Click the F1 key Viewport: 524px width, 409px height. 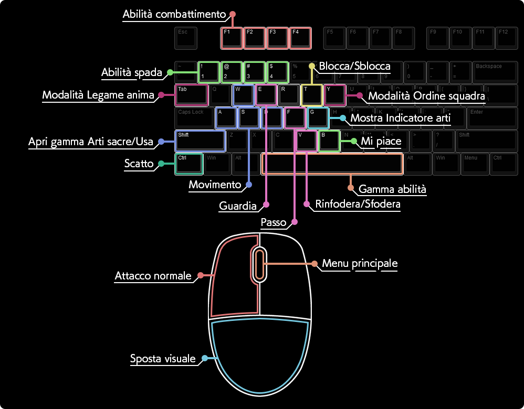232,38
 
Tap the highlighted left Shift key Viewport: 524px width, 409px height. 200,141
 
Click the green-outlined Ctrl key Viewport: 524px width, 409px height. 188,164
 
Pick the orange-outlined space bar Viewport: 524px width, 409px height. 332,164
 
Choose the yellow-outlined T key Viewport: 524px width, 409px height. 311,95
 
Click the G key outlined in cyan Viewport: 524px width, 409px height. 318,118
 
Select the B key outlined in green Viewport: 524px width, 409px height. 329,141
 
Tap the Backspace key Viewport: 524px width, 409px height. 495,72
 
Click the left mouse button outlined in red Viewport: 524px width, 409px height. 234,278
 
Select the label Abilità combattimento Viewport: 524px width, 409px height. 174,15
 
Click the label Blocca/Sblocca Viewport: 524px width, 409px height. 354,66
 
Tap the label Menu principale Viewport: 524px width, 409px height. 360,263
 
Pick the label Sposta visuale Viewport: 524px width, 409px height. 163,359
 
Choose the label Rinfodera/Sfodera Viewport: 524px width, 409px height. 358,204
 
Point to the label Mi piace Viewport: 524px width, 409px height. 381,142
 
